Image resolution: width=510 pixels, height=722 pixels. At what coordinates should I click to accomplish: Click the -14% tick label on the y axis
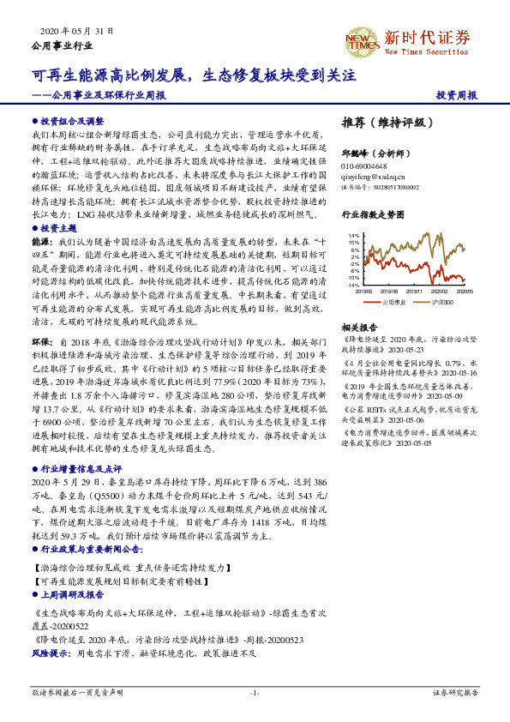352,285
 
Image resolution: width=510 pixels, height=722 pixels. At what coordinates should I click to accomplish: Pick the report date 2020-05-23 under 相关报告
405,349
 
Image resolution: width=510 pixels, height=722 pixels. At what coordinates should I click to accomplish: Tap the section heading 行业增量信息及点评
80,470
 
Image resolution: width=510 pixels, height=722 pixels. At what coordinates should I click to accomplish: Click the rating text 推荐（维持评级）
382,122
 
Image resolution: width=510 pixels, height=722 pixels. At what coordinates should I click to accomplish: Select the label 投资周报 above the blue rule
456,95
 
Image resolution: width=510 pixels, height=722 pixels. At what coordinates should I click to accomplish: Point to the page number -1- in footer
254,692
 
